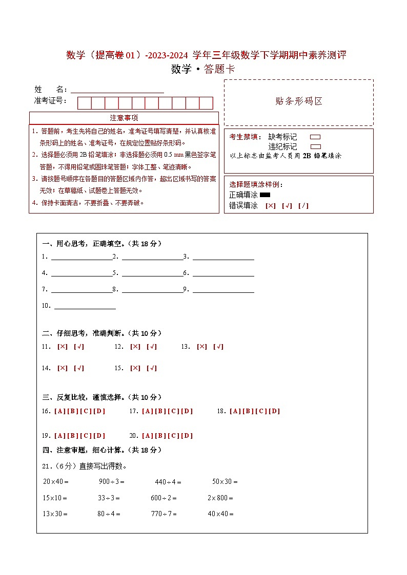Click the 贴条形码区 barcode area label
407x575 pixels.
(x=299, y=101)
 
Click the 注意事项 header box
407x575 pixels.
(x=124, y=118)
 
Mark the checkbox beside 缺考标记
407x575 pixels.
(x=316, y=137)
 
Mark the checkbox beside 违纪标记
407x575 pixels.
(x=316, y=146)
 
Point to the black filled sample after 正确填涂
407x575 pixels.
(x=265, y=195)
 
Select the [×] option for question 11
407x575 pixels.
(x=63, y=347)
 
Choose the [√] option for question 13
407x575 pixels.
(x=218, y=347)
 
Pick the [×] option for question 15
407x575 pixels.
(x=135, y=368)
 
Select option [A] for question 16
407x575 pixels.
(x=58, y=411)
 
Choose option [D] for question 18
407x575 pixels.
(x=275, y=411)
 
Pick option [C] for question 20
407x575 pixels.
(x=173, y=436)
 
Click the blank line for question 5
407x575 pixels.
(x=152, y=273)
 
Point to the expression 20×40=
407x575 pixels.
(x=56, y=482)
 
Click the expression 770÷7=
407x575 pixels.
(x=164, y=514)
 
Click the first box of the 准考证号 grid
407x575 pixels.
(x=84, y=103)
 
